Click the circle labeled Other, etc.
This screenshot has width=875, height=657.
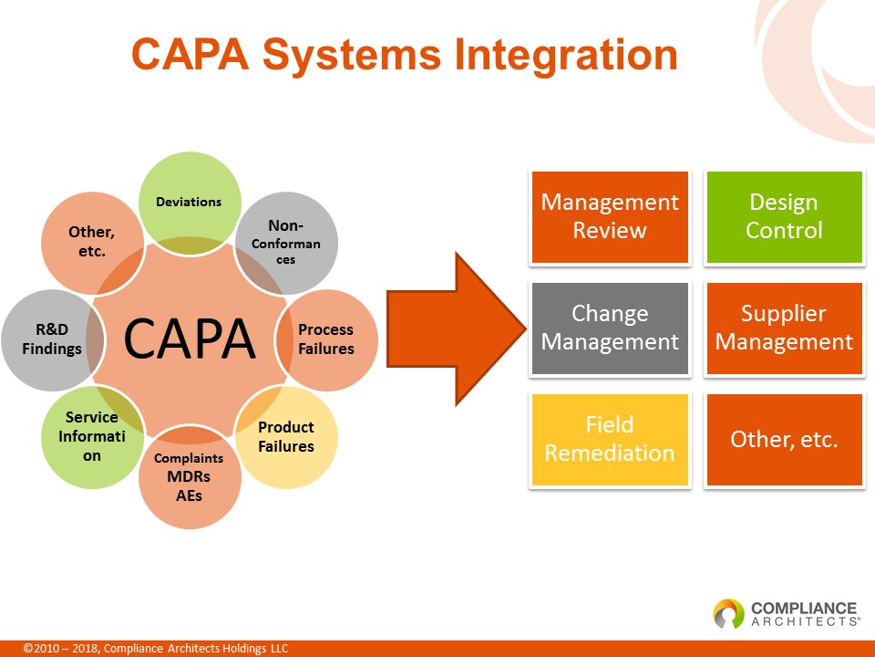[91, 242]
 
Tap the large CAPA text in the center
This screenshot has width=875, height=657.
[189, 339]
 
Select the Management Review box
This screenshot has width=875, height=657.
[610, 217]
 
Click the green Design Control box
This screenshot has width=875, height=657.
[784, 217]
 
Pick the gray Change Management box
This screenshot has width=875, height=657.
[610, 328]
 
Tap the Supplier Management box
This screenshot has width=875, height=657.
[784, 328]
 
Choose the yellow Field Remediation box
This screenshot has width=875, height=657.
[610, 440]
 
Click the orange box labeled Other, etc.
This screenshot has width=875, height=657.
[784, 440]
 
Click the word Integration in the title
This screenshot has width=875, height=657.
[566, 55]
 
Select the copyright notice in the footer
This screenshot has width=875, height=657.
[156, 649]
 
